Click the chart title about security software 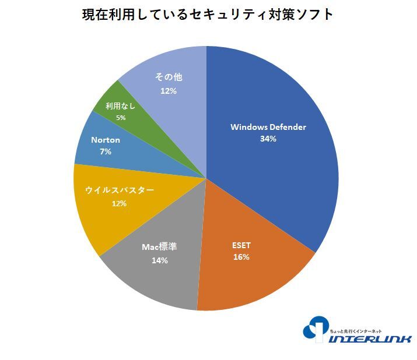coord(208,15)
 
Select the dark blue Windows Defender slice coord(274,175)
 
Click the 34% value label coord(268,139)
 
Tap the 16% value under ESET coord(241,257)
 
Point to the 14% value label coord(159,260)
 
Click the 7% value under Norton coord(106,152)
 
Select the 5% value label coord(120,117)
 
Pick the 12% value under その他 coord(169,91)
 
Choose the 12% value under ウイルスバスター coord(119,203)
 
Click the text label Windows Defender coord(268,127)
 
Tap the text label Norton coord(106,140)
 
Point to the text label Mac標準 coord(159,247)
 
